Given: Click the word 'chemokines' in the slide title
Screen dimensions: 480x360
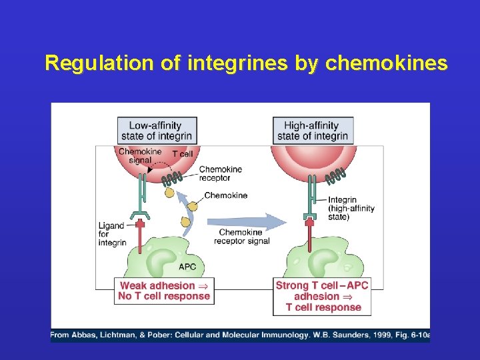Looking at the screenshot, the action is coord(386,63).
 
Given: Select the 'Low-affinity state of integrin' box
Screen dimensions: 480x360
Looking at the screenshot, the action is coord(157,131).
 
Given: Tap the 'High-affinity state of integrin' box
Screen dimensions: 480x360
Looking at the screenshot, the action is coord(313,131).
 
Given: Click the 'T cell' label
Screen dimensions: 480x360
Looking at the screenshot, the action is coord(183,154).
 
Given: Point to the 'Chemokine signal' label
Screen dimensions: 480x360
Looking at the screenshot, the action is coord(140,156).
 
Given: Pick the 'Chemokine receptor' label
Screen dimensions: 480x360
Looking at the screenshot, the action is coord(221,173).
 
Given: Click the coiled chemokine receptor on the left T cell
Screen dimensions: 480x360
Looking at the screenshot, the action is coord(172,179).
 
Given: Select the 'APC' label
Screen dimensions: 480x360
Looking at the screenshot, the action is coord(187,267).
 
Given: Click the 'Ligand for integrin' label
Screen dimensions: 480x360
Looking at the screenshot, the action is coord(112,234).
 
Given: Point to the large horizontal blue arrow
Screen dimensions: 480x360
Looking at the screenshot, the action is coord(247,222).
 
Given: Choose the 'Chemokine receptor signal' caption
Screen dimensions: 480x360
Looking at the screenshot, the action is coord(241,237).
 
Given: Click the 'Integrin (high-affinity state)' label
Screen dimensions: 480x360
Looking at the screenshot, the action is coord(351,209).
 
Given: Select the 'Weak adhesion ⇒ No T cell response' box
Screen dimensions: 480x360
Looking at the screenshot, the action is coord(164,291).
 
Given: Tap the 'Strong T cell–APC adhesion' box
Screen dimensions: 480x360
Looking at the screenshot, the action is coord(322,296).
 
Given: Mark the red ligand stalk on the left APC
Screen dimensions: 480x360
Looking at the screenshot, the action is coord(140,236).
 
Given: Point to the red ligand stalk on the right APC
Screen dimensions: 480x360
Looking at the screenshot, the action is coord(309,234).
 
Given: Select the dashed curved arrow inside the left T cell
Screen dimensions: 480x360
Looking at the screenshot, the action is coord(160,165).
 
